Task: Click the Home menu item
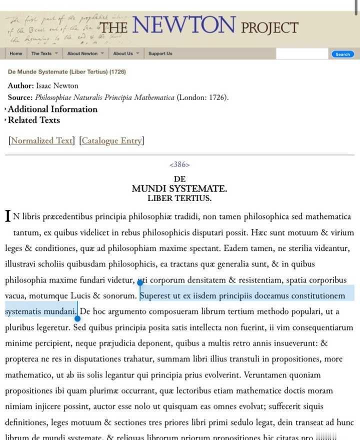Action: coord(15,53)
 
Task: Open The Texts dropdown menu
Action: coord(44,53)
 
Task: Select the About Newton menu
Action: coord(85,53)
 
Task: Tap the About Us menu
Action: coord(126,53)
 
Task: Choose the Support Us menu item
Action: coord(160,53)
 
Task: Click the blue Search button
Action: coord(342,54)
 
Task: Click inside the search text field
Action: coord(301,54)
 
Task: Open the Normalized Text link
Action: coord(41,140)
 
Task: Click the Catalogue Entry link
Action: coord(111,140)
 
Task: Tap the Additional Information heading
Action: coord(52,109)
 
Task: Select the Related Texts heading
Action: coord(33,120)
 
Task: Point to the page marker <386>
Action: coord(179,164)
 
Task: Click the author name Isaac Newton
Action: coord(57,85)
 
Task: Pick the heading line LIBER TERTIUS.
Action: coord(179,198)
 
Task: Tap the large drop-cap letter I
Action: coord(8,216)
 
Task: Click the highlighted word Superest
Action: coord(155,295)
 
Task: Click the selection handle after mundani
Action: coord(77,318)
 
